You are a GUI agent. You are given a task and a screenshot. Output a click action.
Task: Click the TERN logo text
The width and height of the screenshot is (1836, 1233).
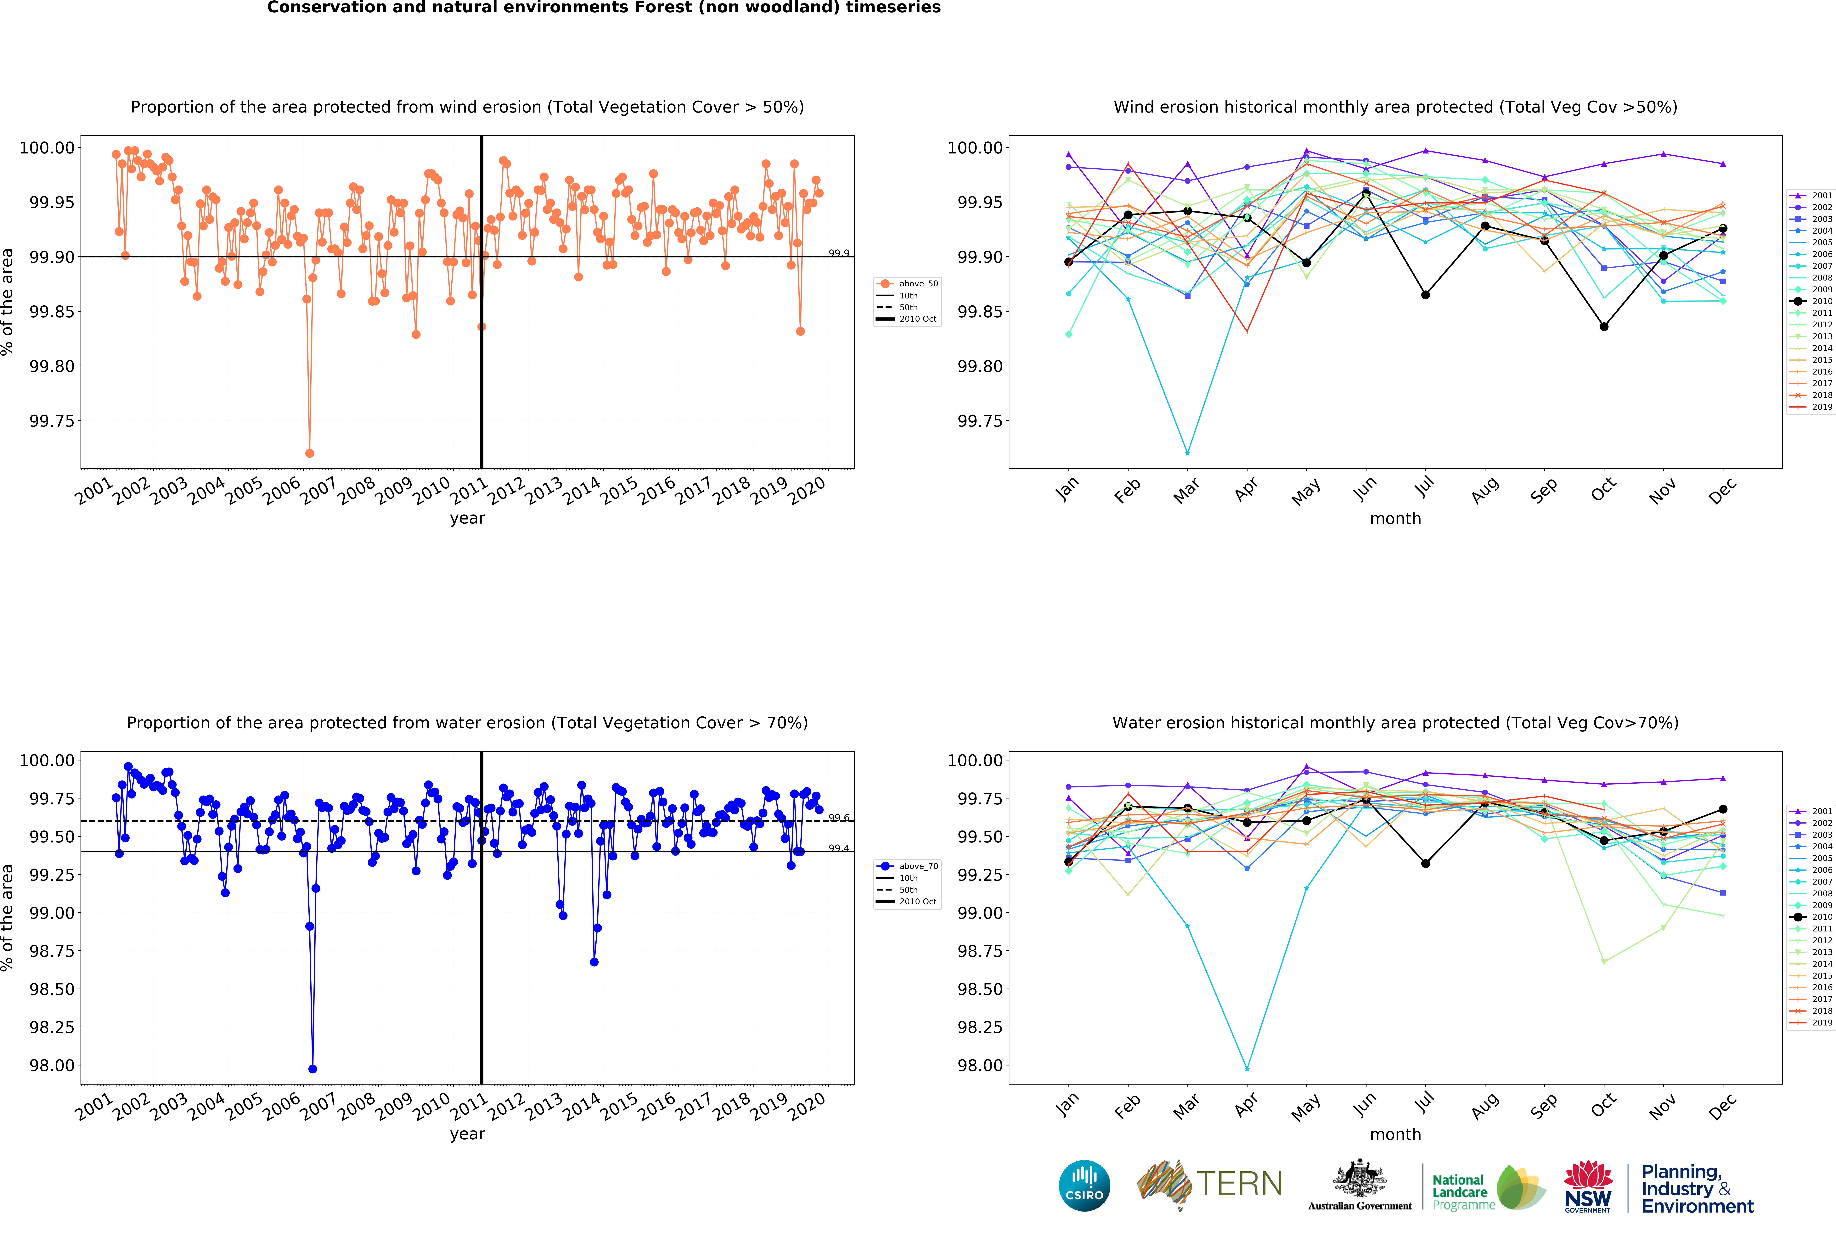click(x=1239, y=1183)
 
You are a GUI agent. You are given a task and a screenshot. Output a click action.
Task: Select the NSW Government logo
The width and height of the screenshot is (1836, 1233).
click(x=1587, y=1186)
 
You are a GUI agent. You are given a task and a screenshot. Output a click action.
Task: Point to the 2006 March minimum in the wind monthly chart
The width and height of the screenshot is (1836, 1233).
click(x=1187, y=453)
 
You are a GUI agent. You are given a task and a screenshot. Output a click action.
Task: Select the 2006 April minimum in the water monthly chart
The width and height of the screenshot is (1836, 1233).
click(x=1247, y=1069)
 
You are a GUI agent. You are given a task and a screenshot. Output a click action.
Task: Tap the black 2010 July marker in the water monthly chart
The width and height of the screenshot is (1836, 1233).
click(x=1425, y=864)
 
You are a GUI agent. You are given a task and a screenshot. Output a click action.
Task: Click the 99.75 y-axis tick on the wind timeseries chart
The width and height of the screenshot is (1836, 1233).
click(x=52, y=421)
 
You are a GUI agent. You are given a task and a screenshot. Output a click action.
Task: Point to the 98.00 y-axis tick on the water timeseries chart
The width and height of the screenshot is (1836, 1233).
click(x=52, y=1065)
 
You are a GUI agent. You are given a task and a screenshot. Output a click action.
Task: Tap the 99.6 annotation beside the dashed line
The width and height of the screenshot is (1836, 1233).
click(x=839, y=818)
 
